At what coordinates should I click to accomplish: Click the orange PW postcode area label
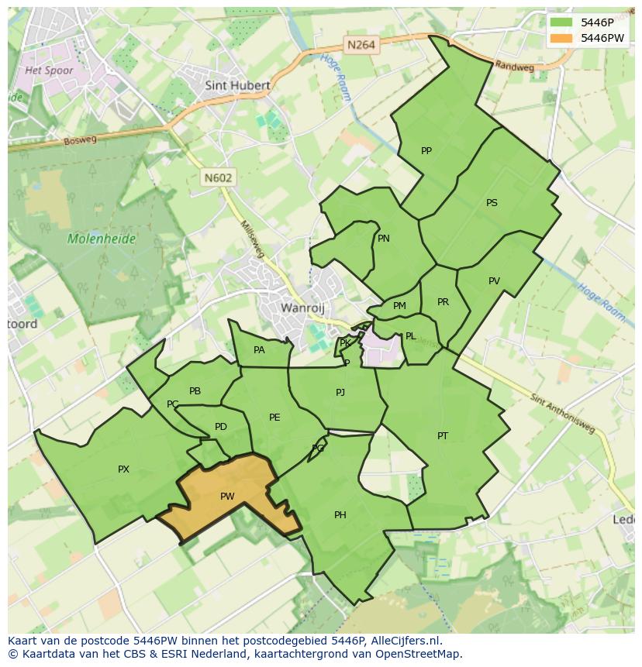(x=227, y=497)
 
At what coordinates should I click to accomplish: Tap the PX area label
(x=123, y=469)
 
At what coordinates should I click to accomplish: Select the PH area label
(x=340, y=515)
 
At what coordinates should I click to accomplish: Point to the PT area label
(x=442, y=436)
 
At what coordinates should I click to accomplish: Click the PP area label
(x=426, y=151)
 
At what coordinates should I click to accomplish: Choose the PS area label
(x=492, y=203)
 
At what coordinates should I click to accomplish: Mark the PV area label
(x=494, y=281)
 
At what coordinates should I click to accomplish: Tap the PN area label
(x=384, y=239)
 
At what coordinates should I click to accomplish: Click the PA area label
(x=259, y=350)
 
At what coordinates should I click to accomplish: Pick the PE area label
(x=274, y=418)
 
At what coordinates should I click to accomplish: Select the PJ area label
(x=340, y=393)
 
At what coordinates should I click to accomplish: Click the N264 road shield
(x=361, y=45)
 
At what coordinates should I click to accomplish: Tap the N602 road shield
(x=218, y=177)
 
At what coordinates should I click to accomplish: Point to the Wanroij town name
(x=302, y=308)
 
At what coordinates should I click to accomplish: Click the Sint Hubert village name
(x=237, y=86)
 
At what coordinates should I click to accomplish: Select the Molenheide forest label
(x=101, y=239)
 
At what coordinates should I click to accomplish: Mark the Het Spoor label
(x=49, y=70)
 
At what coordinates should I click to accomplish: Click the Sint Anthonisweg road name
(x=564, y=414)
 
